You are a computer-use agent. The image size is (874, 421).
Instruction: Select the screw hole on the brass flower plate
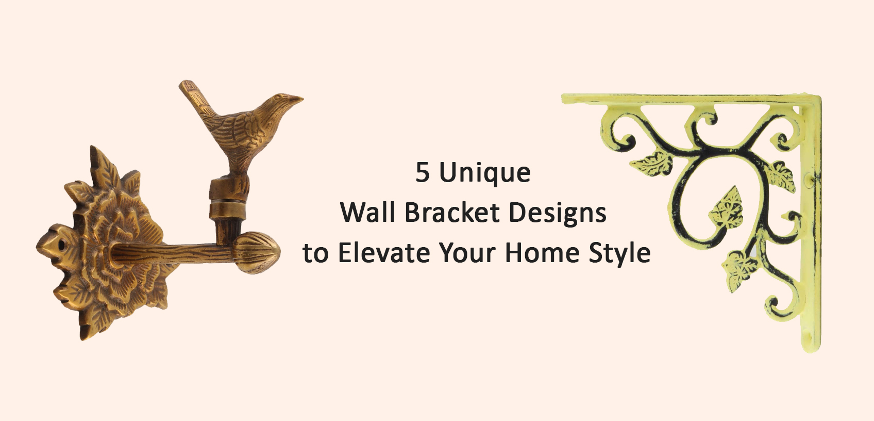pyautogui.click(x=61, y=245)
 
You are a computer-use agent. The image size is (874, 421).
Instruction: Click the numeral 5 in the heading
pyautogui.click(x=423, y=173)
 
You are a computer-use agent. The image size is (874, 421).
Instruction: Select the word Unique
pyautogui.click(x=485, y=173)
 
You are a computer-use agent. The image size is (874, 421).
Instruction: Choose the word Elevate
pyautogui.click(x=384, y=253)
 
